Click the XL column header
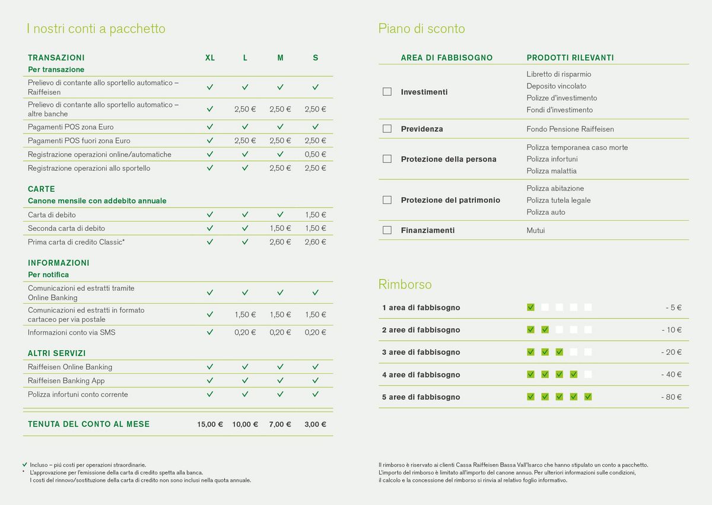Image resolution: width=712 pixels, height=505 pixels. tap(210, 58)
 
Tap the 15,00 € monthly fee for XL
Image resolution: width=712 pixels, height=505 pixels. tap(210, 424)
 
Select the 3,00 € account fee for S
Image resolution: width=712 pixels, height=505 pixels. tap(315, 424)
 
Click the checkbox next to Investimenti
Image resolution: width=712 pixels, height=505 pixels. tap(387, 92)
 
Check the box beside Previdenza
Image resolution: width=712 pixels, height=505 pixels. tap(387, 129)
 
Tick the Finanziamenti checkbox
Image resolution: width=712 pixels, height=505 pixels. tap(387, 230)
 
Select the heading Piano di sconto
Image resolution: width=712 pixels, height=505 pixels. tap(422, 28)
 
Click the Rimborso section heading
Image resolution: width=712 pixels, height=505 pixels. tap(405, 284)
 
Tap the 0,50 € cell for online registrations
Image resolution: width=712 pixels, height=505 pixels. tap(315, 154)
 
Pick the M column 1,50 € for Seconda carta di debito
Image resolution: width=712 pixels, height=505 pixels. tap(280, 228)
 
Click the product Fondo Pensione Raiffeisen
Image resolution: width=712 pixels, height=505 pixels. tap(570, 129)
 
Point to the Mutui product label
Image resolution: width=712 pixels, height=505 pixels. tap(536, 230)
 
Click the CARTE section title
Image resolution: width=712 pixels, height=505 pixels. tap(42, 189)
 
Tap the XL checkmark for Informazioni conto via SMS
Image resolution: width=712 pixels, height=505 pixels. tap(210, 332)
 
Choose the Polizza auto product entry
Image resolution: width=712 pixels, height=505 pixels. tap(546, 212)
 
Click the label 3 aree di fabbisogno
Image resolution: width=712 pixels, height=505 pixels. tap(421, 352)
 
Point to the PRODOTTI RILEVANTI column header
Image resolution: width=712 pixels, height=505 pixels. tap(570, 58)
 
